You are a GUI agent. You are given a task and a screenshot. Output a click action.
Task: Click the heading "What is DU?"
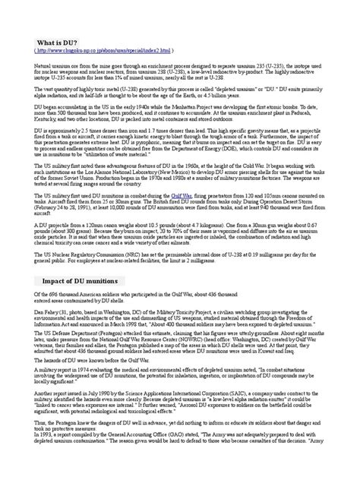point(55,41)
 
